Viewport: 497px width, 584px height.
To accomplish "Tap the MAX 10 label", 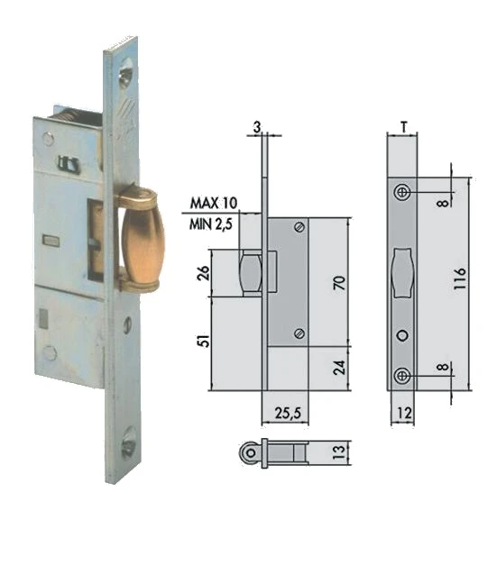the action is [x=213, y=203].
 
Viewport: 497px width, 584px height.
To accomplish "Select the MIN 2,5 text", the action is [x=211, y=224].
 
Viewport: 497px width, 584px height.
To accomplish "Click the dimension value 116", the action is [x=460, y=278].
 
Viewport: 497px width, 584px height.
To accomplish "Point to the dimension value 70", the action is [x=339, y=283].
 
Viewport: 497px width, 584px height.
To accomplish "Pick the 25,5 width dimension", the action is [x=288, y=413].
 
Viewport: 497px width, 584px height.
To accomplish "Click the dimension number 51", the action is [x=204, y=341].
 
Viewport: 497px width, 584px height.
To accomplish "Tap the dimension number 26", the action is [x=204, y=273].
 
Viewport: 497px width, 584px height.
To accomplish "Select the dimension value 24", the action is [x=339, y=367].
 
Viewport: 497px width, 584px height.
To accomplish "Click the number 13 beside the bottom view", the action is [x=339, y=452].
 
